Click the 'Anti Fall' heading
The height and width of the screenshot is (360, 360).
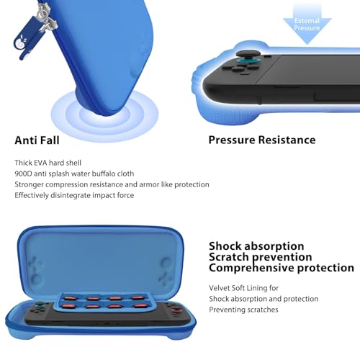pos(37,140)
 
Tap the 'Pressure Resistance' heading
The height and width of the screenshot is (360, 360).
pos(262,140)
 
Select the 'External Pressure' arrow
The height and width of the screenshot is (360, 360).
pos(307,24)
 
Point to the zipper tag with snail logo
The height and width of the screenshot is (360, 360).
pos(25,38)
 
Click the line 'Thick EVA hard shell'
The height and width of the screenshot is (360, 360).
pos(48,163)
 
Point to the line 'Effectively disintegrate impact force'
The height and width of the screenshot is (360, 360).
pos(74,195)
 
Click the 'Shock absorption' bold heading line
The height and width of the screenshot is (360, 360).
pos(256,246)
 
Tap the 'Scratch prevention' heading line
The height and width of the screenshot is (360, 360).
pos(261,257)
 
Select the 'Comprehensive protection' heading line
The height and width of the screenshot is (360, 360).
pos(282,268)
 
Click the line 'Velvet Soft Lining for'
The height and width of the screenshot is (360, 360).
pos(243,288)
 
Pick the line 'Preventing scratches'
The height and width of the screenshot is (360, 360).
pos(243,310)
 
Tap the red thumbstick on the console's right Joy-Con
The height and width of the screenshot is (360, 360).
pos(176,312)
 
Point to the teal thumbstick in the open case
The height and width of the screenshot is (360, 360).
pos(38,305)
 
